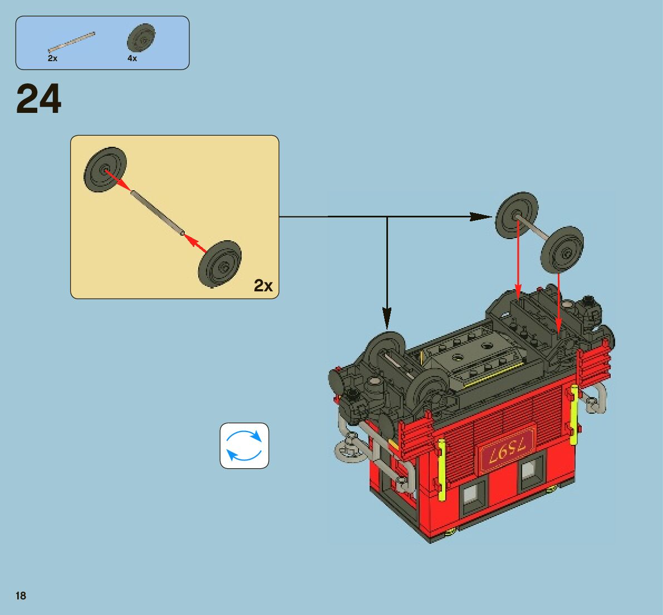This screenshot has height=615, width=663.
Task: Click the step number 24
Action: point(39,100)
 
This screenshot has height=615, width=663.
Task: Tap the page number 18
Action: point(21,596)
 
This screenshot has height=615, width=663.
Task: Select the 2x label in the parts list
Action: point(52,58)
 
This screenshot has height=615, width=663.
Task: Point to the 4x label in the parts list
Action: point(132,58)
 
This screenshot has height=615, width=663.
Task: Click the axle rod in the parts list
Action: point(71,42)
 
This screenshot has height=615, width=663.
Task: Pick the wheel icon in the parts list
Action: point(140,38)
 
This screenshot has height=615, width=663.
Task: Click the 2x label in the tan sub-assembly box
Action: point(263,286)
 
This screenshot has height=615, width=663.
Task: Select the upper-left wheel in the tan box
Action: point(105,170)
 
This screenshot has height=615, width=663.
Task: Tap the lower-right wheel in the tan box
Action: point(220,264)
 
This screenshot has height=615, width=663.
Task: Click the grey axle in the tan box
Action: point(157,213)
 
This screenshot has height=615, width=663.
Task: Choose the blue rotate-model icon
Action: point(244,445)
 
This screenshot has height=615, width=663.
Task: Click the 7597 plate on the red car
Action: point(507,448)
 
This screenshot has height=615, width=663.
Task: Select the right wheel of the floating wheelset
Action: point(562,249)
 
